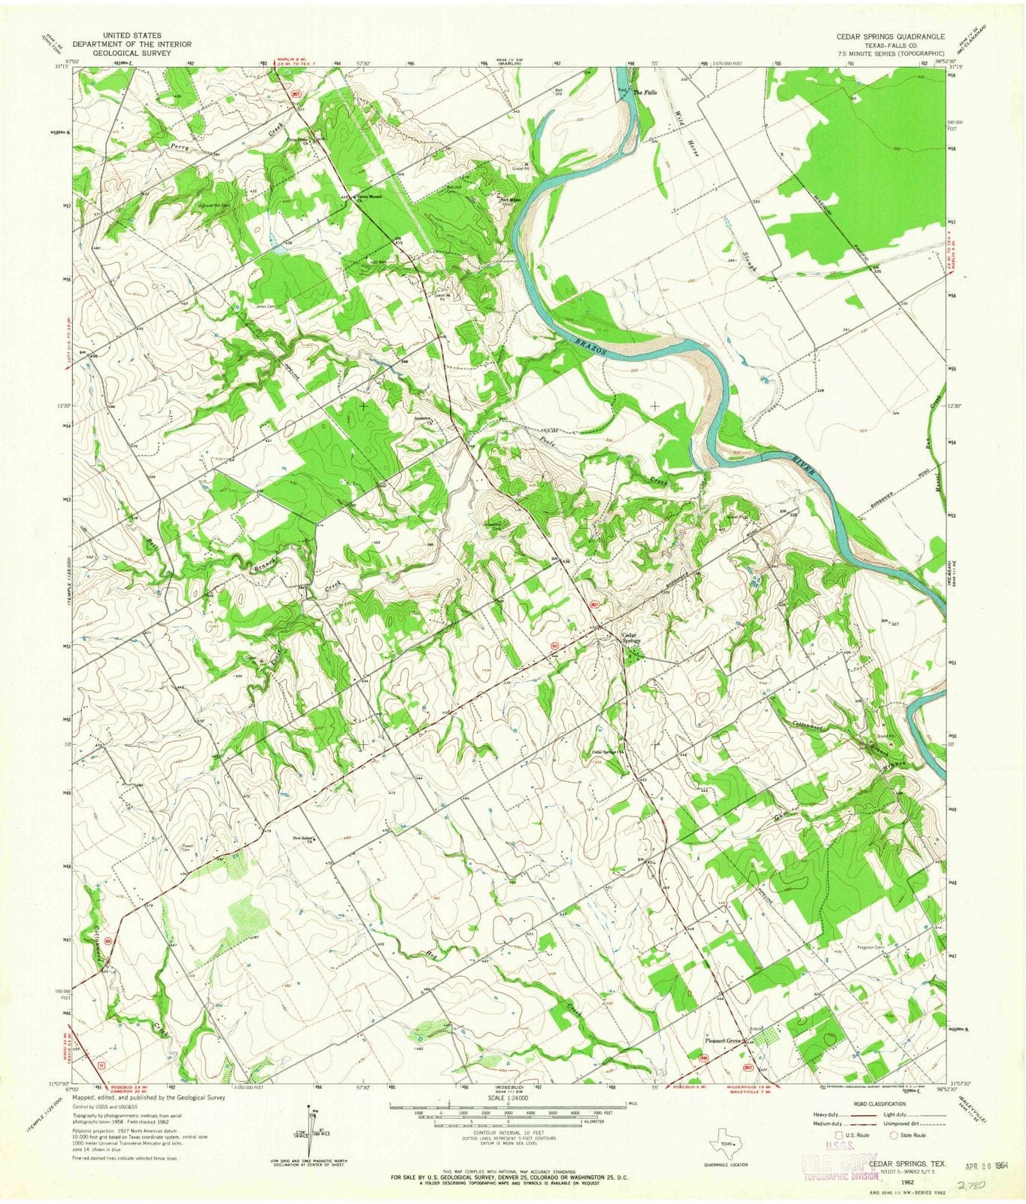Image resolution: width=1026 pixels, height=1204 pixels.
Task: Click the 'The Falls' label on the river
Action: (645, 93)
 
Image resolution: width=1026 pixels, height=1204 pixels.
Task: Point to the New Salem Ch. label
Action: (304, 840)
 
